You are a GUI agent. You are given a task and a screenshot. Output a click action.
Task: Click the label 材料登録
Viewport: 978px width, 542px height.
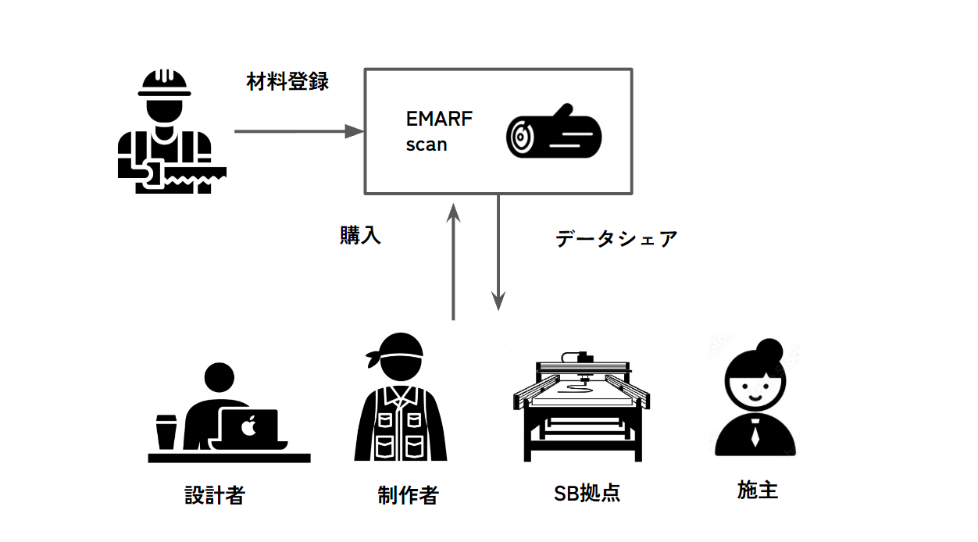tap(287, 82)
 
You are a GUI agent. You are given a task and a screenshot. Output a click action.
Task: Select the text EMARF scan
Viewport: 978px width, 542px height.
tap(438, 131)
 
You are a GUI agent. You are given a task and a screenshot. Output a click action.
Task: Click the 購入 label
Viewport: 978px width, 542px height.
tap(360, 236)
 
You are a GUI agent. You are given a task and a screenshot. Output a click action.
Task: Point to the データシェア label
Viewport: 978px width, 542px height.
tap(616, 239)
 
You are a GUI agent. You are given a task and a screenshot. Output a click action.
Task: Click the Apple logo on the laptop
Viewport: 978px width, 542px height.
tap(249, 427)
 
